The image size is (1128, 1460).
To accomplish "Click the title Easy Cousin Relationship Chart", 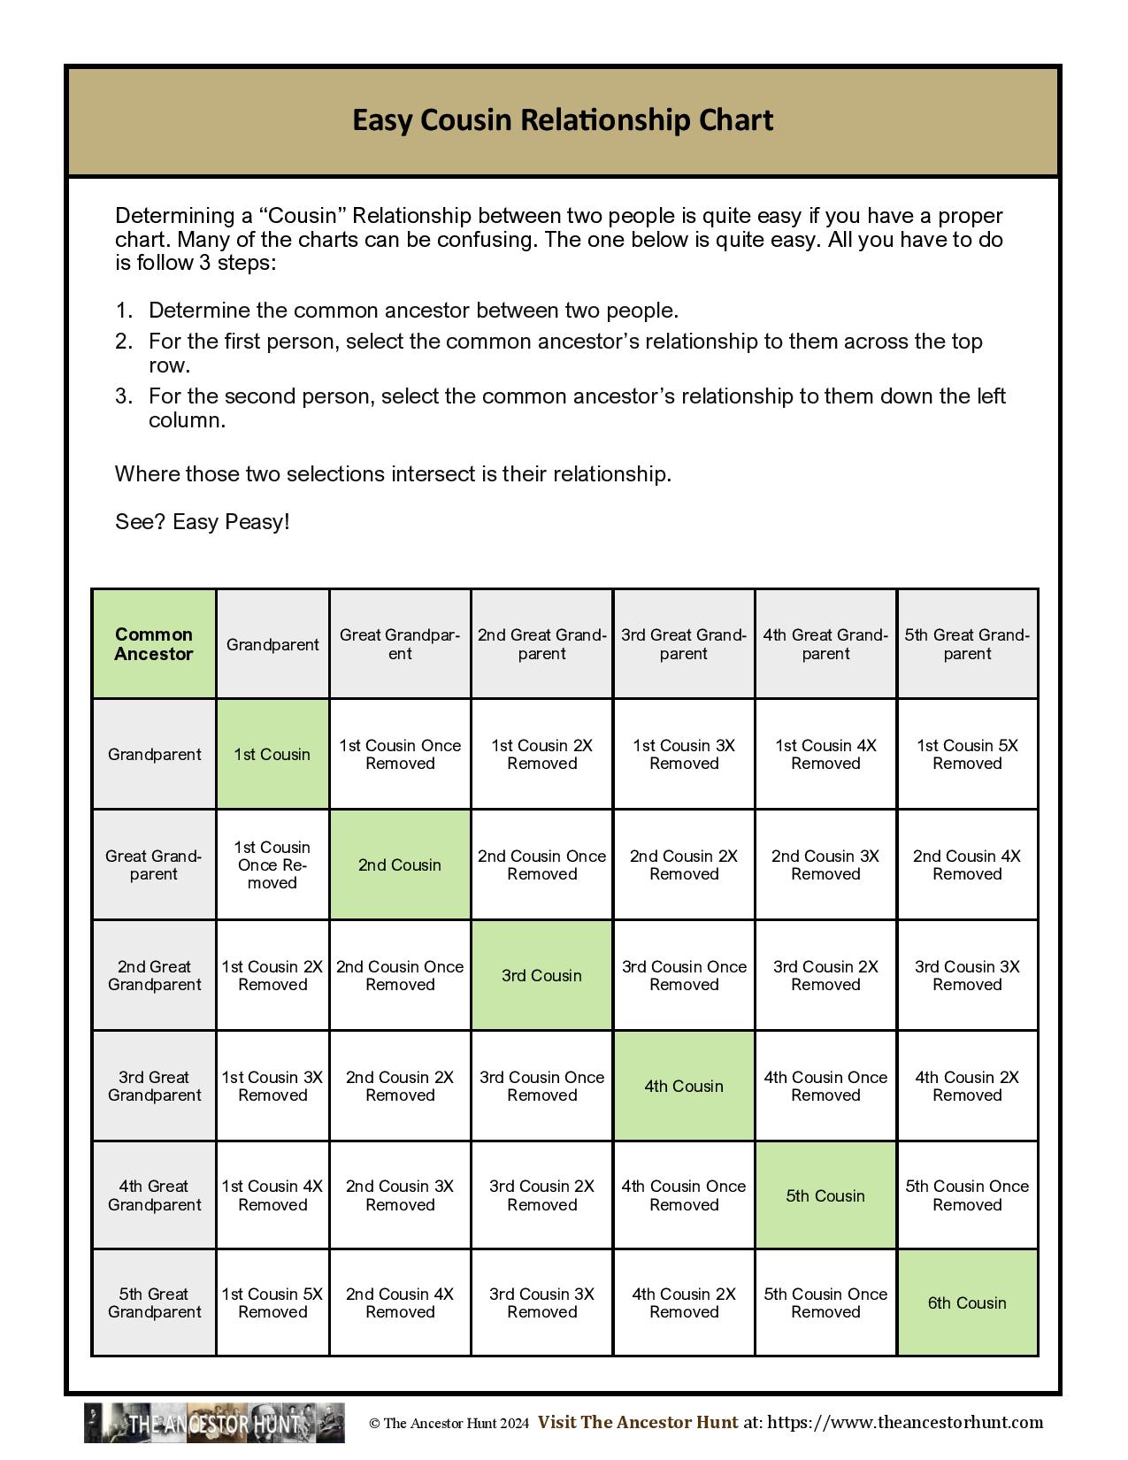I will pos(563,120).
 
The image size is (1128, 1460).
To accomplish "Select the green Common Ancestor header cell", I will pos(154,644).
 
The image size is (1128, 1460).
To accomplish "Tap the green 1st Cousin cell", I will pos(272,755).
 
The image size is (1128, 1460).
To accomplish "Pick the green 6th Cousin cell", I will pos(967,1303).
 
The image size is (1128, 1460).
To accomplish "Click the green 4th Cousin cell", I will pos(684,1087).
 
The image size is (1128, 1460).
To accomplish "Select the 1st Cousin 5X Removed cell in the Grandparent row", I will pos(967,755).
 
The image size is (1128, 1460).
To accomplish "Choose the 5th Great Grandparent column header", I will pos(967,644).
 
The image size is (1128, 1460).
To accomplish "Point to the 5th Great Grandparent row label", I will pos(154,1303).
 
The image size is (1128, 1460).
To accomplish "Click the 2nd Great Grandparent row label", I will pos(154,976).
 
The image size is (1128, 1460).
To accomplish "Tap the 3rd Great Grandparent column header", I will pos(684,644).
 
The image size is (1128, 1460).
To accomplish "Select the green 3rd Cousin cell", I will pos(541,976).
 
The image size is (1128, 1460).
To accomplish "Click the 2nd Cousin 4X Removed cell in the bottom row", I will pos(400,1303).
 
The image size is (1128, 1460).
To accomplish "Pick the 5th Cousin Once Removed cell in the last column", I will pos(967,1196).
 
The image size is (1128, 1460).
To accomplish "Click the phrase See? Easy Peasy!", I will pos(203,522).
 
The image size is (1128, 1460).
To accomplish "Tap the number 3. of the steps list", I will pos(124,396).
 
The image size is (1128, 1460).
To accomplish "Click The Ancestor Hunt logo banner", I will pos(214,1423).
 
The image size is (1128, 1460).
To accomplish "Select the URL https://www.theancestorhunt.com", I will pos(905,1423).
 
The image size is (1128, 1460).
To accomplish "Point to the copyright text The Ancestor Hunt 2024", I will pos(449,1424).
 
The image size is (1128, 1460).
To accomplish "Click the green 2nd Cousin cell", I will pos(400,865).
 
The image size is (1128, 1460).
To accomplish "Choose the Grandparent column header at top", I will pos(272,644).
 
